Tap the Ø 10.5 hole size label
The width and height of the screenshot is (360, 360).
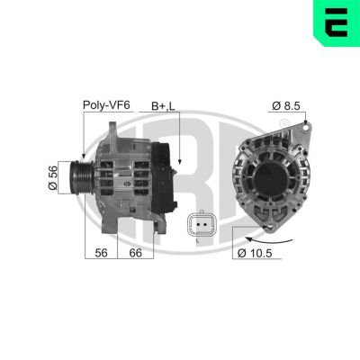pyautogui.click(x=257, y=255)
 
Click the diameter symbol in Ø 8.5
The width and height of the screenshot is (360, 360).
pyautogui.click(x=275, y=105)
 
